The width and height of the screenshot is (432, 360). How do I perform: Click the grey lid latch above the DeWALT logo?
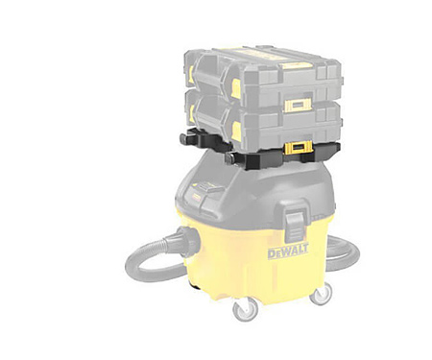point(295,221)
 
